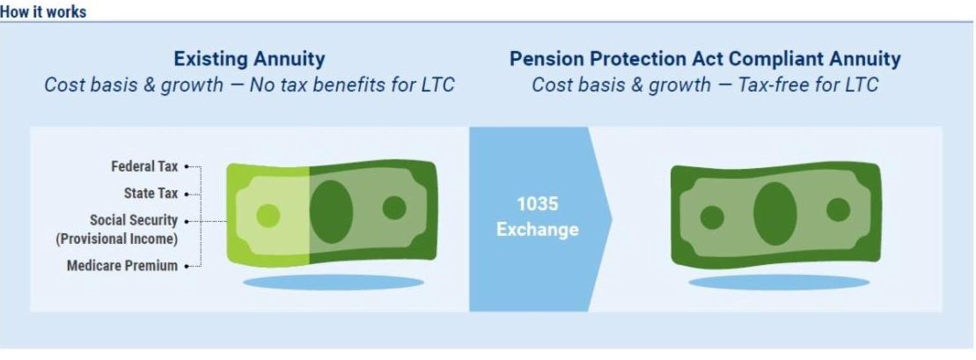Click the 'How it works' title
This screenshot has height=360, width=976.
tap(43, 11)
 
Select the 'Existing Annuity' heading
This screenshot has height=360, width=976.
tap(249, 59)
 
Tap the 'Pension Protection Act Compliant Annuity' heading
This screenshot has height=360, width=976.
tap(705, 59)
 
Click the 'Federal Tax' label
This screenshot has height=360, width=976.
tap(144, 167)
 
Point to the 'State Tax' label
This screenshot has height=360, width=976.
tap(150, 194)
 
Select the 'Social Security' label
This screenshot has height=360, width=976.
tap(134, 220)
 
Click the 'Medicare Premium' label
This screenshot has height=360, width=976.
tap(122, 266)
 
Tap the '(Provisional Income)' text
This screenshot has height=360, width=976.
tap(117, 239)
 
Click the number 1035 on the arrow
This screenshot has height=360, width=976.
tap(537, 204)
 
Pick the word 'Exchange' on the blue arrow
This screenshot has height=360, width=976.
tap(537, 230)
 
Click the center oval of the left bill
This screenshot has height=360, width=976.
tap(331, 212)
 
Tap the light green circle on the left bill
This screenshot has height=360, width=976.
tap(268, 216)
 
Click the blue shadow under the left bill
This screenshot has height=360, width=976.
tap(333, 283)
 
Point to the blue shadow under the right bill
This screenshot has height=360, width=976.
tap(779, 283)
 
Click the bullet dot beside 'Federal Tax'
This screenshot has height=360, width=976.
tap(187, 167)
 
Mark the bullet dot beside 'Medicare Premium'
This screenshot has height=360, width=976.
tap(187, 266)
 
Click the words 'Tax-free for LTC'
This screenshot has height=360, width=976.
tap(808, 84)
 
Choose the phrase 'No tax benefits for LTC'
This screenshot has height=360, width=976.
tap(352, 84)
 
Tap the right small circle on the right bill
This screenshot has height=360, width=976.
tap(839, 209)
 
